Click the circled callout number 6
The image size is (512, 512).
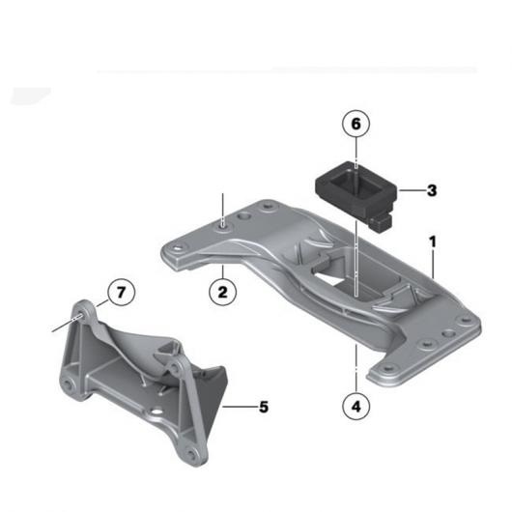(356, 124)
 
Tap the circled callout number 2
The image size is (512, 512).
(223, 292)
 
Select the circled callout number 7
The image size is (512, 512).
(121, 292)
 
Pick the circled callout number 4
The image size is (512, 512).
(356, 407)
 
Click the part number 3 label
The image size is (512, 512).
(432, 190)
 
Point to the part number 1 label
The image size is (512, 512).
(433, 242)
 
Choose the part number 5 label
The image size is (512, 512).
(264, 407)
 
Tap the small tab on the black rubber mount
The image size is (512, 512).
(381, 222)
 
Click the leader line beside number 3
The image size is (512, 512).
(412, 190)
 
